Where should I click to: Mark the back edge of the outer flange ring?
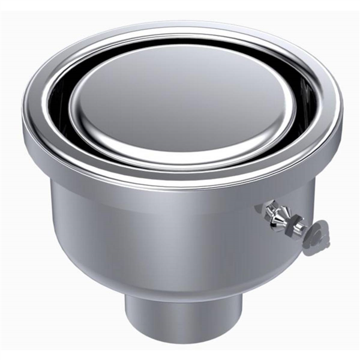tap(180, 27)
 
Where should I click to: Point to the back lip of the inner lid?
tap(180, 47)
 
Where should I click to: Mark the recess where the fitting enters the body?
tap(262, 208)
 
